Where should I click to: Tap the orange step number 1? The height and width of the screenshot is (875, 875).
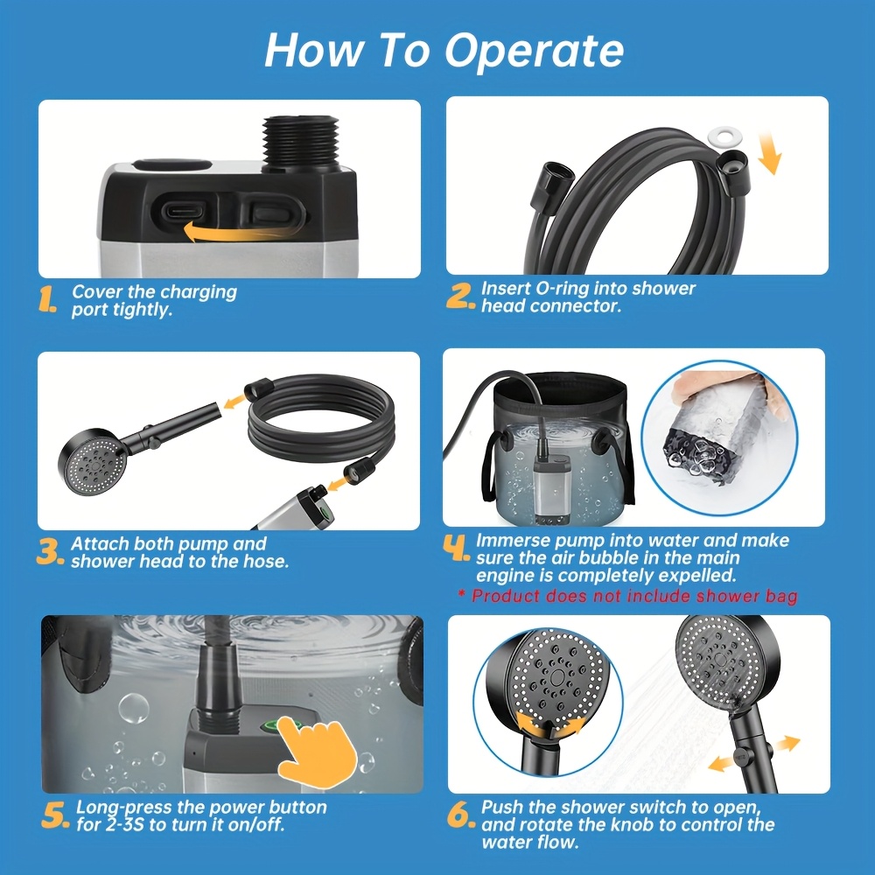click(47, 299)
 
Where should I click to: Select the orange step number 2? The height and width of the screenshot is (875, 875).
click(461, 296)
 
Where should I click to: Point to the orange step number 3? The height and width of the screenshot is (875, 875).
click(50, 550)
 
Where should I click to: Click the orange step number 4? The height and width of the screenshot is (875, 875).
click(457, 548)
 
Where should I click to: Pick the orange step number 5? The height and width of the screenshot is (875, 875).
click(55, 815)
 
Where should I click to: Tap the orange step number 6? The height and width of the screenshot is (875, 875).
click(461, 815)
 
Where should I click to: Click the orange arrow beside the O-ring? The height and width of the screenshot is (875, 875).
click(771, 152)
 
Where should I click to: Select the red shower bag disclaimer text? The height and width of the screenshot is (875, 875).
click(628, 596)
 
